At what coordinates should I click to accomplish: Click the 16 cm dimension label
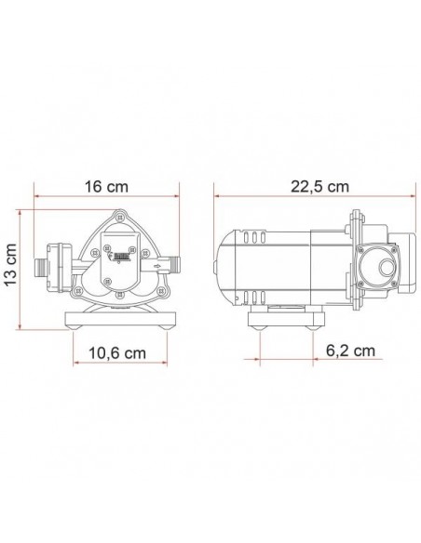pos(107,187)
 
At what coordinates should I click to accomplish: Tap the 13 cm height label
pos(11,264)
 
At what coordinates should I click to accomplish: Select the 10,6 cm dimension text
pos(117,353)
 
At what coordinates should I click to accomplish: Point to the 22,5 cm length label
pos(319,187)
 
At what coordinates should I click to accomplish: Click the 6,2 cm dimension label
pos(350,351)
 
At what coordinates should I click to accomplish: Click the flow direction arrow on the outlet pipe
pos(157,266)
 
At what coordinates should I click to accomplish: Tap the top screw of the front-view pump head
pos(120,217)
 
